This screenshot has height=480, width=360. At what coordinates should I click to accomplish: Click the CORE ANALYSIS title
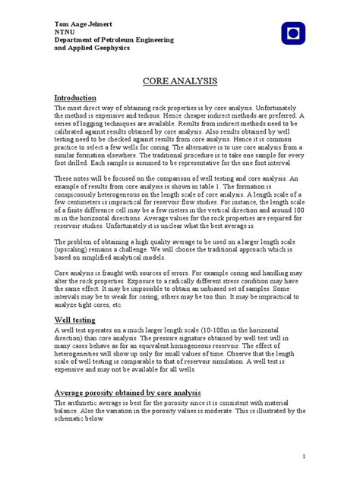tap(179, 81)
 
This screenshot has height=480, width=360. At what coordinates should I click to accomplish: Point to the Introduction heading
tap(75, 98)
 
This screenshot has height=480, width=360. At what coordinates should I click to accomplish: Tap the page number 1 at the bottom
tap(303, 456)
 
